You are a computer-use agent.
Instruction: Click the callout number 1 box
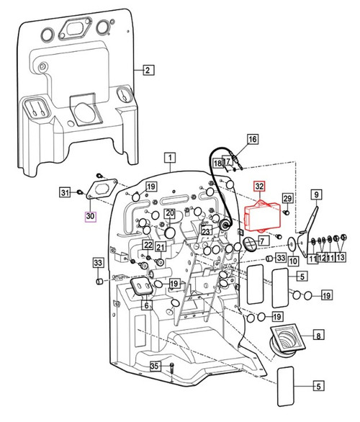click(x=170, y=157)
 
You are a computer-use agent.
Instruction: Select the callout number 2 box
click(x=147, y=70)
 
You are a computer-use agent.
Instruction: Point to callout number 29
click(x=287, y=198)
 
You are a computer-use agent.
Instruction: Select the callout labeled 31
click(x=64, y=192)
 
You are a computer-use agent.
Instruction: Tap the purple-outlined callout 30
click(x=90, y=215)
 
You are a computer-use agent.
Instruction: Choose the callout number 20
click(x=169, y=213)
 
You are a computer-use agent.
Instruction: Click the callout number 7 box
click(x=264, y=240)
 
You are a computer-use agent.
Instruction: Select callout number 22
click(x=147, y=246)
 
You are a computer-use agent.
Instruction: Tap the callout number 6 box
click(x=146, y=305)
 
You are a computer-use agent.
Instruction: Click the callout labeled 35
click(x=153, y=367)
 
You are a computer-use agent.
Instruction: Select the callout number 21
click(x=161, y=248)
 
